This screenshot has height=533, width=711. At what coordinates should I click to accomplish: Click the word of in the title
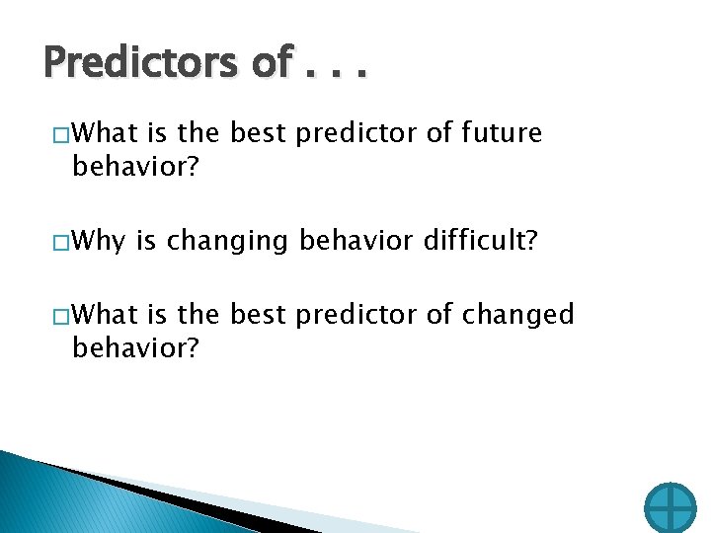tap(271, 63)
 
